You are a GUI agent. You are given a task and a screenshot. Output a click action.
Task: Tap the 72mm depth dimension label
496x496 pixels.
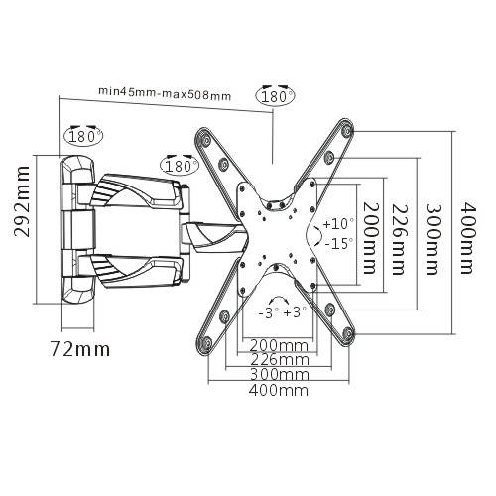(80, 349)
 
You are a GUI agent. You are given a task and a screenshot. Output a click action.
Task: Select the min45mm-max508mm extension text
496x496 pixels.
(165, 93)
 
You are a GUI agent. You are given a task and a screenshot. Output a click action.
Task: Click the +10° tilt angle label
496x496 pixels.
(338, 224)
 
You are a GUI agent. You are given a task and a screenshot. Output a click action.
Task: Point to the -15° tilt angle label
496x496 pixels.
(338, 243)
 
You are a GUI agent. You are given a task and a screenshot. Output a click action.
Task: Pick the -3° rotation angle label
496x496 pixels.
(267, 311)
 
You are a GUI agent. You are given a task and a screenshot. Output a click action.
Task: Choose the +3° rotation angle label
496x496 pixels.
(294, 311)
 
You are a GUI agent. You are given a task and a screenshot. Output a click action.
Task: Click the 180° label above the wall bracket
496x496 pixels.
(83, 135)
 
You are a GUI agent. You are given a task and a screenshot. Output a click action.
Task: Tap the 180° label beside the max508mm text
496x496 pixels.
(276, 96)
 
